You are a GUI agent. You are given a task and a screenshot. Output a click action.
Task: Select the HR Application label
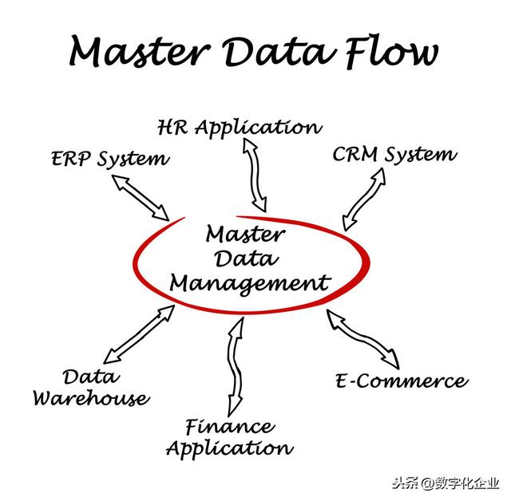coord(240,128)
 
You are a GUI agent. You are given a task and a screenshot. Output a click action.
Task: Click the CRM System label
coord(394,154)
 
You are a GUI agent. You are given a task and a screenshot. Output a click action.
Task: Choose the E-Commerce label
coord(400,381)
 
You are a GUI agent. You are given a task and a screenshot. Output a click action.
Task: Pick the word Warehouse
coord(90,397)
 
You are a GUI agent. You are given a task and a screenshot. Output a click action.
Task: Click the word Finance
coord(229,426)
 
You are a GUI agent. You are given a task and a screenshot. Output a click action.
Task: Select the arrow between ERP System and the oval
coord(141,197)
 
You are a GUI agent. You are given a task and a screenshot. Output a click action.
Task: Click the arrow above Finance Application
coord(236,364)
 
